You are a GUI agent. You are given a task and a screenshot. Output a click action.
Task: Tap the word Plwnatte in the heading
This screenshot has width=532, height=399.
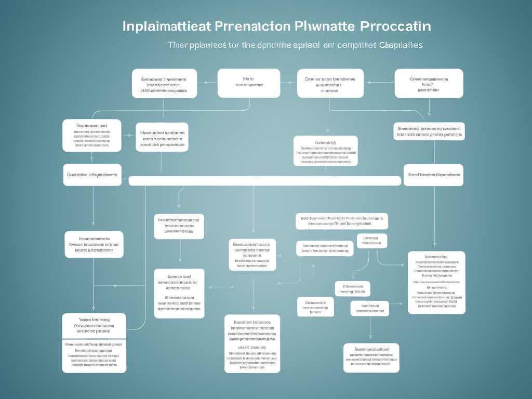pyautogui.click(x=325, y=26)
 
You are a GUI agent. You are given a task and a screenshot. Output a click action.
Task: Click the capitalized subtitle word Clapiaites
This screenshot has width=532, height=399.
pyautogui.click(x=401, y=45)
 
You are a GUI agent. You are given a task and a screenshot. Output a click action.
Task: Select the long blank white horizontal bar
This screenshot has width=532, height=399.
pyautogui.click(x=264, y=181)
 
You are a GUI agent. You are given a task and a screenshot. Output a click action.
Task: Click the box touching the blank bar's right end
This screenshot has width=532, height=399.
pyautogui.click(x=433, y=175)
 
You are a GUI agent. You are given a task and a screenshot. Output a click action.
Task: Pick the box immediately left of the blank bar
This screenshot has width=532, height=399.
pyautogui.click(x=92, y=175)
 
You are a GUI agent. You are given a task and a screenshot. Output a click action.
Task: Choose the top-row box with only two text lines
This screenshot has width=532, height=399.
pyautogui.click(x=248, y=83)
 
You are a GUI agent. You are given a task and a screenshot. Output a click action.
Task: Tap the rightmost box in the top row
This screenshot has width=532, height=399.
pyautogui.click(x=429, y=83)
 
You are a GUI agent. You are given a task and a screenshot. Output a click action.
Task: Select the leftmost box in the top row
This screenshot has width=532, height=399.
pyautogui.click(x=164, y=83)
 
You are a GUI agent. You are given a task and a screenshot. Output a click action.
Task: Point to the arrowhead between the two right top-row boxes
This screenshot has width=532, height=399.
pyautogui.click(x=368, y=83)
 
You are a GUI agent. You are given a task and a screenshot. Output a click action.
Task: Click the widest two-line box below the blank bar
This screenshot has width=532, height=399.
pyautogui.click(x=341, y=221)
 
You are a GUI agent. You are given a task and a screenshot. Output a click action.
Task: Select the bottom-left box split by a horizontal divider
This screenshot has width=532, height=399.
pyautogui.click(x=94, y=343)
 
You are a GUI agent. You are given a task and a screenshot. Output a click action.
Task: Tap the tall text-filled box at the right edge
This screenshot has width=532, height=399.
pyautogui.click(x=436, y=283)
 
